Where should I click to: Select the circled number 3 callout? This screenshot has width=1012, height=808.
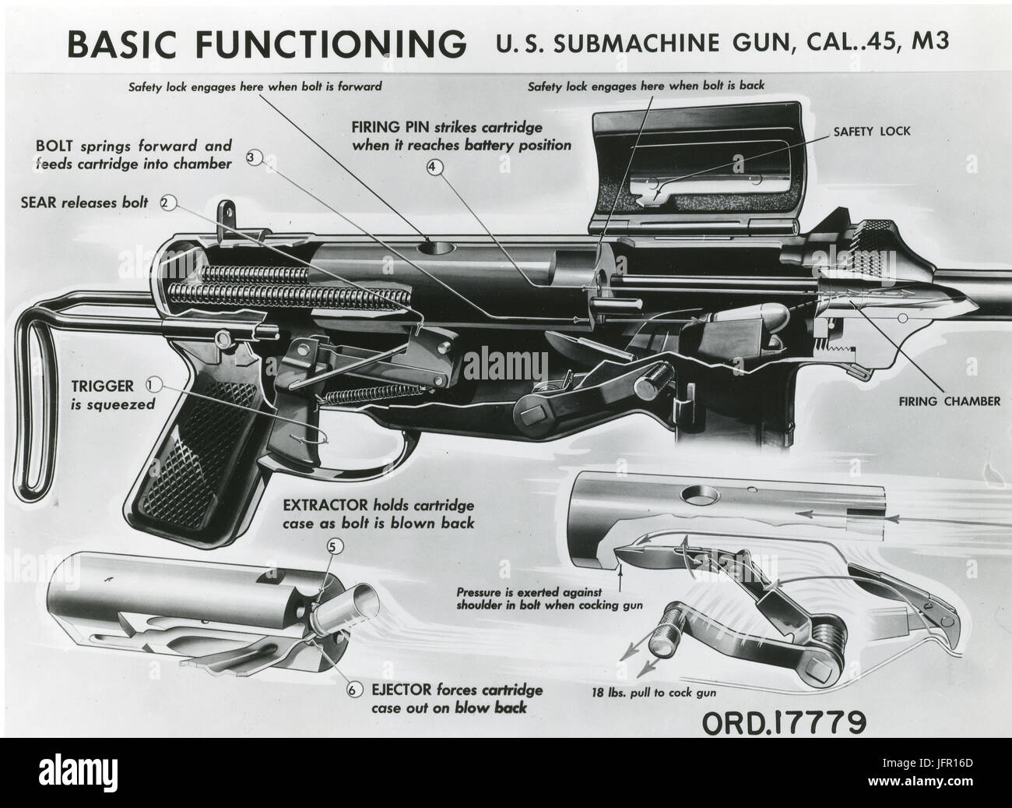[253, 157]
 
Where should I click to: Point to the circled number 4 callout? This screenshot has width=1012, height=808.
[434, 166]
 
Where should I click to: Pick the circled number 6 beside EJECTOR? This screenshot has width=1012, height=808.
[355, 690]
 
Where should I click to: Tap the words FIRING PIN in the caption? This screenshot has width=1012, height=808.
[387, 126]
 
